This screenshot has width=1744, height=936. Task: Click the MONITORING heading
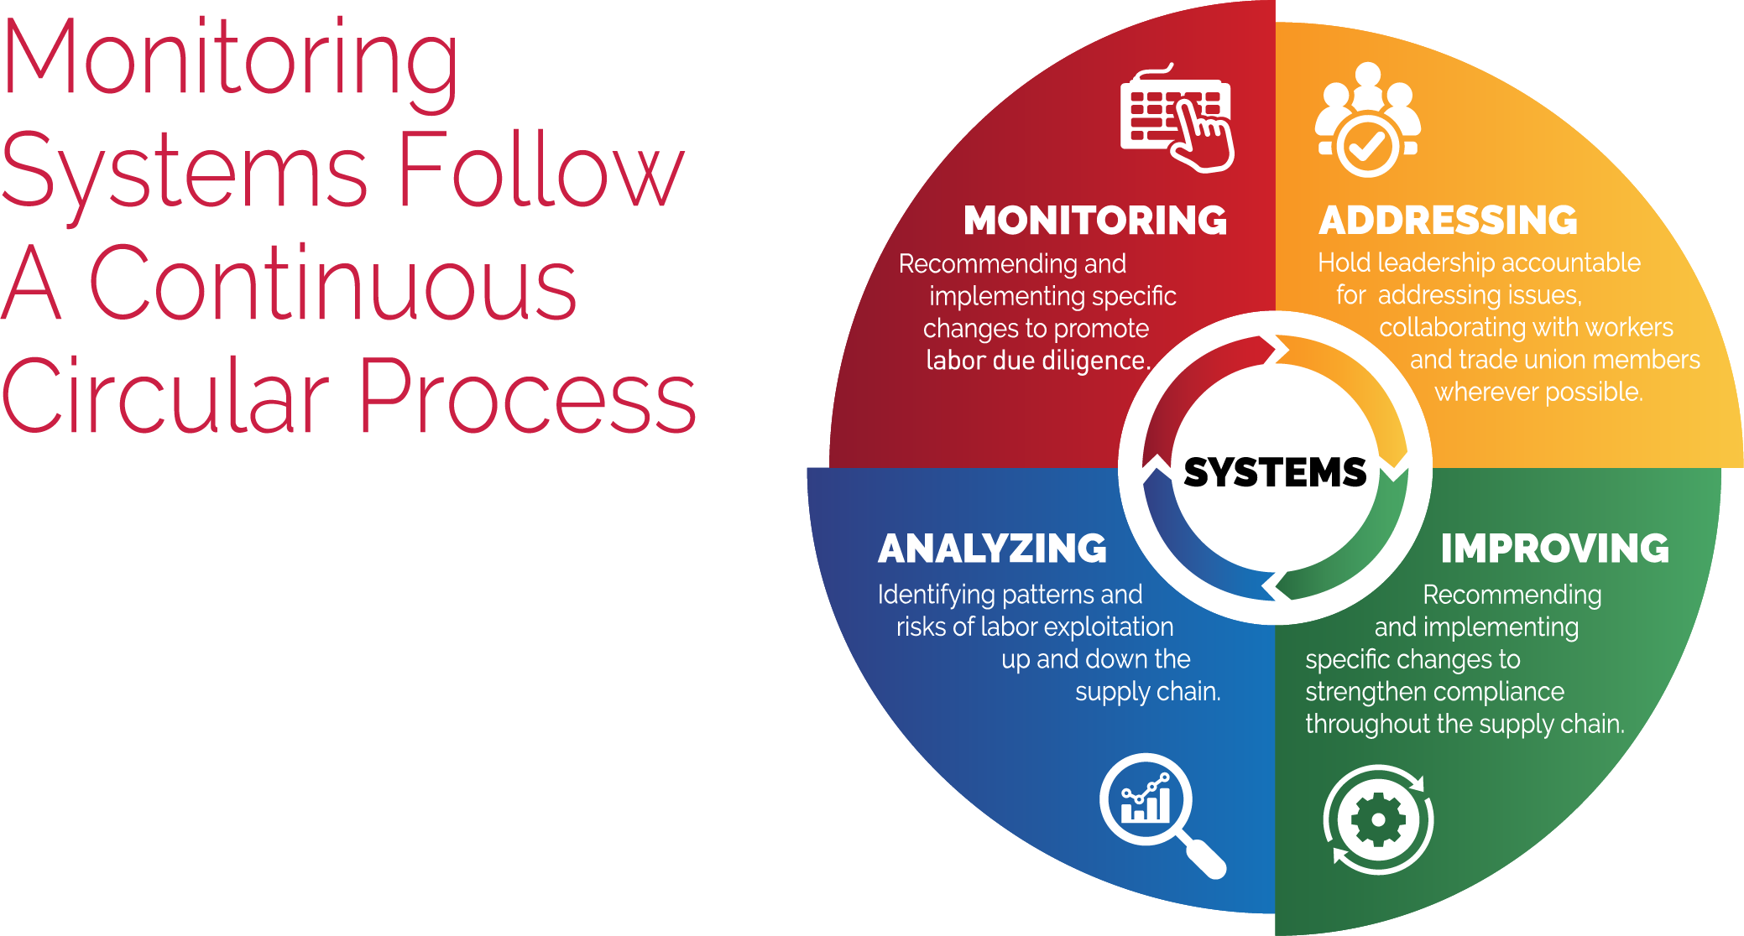pos(1094,221)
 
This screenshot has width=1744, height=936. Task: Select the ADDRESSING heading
pos(1448,221)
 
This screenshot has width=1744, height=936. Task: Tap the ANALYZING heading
pos(992,549)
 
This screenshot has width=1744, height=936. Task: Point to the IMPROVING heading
pos(1554,549)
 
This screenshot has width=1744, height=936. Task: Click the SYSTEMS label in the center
pos(1275,472)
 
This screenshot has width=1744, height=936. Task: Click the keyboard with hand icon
pos(1177,118)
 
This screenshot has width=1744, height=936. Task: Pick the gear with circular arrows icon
pos(1378,819)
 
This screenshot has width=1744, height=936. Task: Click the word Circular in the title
pos(165,395)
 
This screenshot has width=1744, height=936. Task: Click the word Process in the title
pos(528,395)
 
